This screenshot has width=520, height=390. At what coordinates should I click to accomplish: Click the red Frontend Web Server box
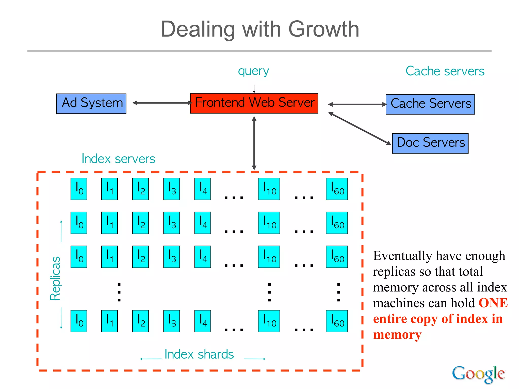(254, 103)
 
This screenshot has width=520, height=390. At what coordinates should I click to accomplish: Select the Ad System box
(91, 104)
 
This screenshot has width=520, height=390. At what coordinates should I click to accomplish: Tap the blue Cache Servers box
(430, 104)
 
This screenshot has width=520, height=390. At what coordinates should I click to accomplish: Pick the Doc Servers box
(430, 143)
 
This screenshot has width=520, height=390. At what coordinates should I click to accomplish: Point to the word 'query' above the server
(253, 71)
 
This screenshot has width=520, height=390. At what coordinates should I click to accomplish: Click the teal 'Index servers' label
(118, 159)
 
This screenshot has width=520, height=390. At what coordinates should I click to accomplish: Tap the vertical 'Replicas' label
(55, 278)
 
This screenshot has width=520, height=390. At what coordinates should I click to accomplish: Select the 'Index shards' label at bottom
(199, 354)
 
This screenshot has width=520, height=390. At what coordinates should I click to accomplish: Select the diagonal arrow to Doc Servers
(360, 128)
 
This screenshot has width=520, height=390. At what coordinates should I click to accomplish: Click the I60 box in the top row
(337, 189)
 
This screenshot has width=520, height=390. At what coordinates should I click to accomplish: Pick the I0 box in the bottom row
(79, 321)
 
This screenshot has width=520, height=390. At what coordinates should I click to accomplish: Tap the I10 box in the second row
(269, 223)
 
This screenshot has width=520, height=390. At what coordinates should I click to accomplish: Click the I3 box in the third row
(171, 257)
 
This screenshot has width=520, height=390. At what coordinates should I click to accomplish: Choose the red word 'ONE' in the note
(493, 303)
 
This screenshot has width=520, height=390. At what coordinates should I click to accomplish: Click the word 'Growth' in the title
(323, 29)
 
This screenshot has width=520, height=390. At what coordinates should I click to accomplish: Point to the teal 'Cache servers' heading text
(445, 71)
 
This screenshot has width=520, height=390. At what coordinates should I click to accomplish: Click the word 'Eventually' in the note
(402, 256)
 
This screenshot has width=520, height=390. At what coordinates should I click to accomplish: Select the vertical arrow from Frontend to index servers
(254, 143)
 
